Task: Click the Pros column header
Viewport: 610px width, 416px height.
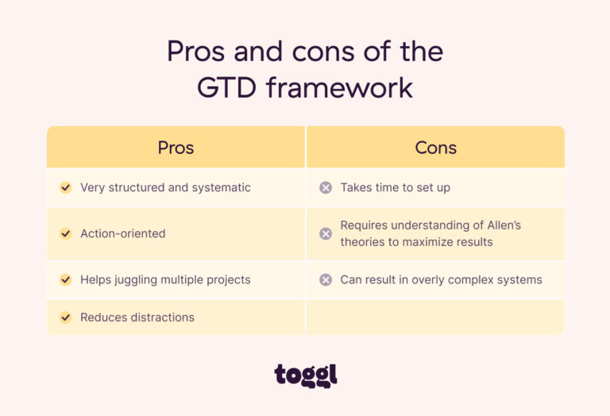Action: (176, 148)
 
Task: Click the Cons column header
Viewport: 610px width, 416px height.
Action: (435, 148)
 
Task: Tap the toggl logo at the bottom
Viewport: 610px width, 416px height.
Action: (306, 374)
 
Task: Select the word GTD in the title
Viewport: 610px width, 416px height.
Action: (227, 87)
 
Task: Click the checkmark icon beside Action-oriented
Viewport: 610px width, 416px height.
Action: (66, 233)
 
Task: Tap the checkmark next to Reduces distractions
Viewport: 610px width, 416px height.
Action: (66, 318)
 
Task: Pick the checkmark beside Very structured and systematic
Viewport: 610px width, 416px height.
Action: (66, 188)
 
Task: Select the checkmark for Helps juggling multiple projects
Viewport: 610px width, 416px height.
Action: (66, 279)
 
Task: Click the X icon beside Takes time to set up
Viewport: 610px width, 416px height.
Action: (326, 188)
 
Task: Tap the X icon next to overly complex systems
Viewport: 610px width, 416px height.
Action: (326, 279)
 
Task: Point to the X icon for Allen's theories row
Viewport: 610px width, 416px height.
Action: (326, 233)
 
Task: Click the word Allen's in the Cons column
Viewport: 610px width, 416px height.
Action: (500, 225)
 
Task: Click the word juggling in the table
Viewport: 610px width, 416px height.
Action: (138, 280)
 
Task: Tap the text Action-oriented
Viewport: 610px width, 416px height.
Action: (123, 233)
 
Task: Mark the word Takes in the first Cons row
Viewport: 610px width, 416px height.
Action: (356, 188)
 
